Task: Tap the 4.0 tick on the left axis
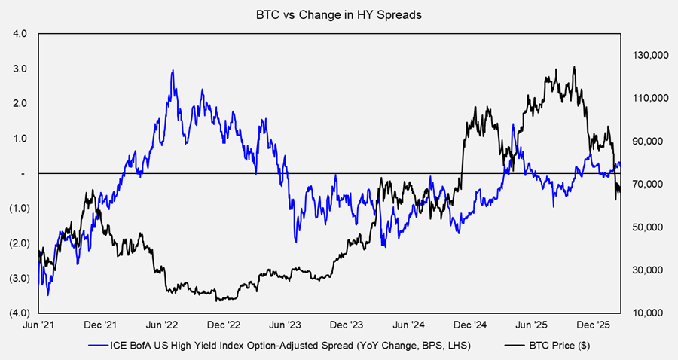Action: point(20,34)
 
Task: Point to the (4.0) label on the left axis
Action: point(18,313)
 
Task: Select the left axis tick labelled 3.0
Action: point(20,69)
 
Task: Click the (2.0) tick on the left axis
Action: point(18,243)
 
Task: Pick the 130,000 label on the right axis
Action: point(644,56)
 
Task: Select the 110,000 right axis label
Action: point(644,99)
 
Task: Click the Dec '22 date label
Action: point(224,326)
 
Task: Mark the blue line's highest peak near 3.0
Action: point(173,71)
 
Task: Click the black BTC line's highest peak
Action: point(575,67)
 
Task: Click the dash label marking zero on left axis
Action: point(25,173)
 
